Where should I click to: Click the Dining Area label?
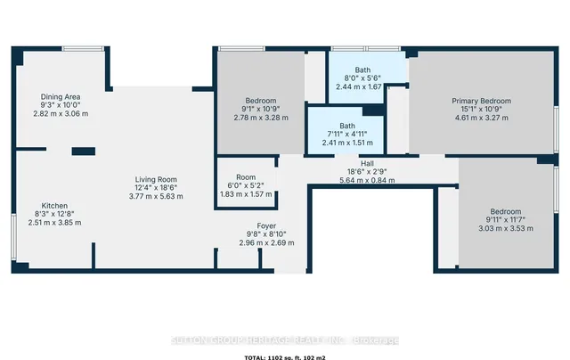click(x=61, y=96)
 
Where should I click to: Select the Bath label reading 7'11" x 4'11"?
click(x=346, y=126)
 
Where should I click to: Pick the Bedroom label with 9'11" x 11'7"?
click(x=505, y=210)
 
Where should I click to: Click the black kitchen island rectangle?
click(x=84, y=151)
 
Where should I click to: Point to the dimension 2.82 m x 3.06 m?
click(x=61, y=113)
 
